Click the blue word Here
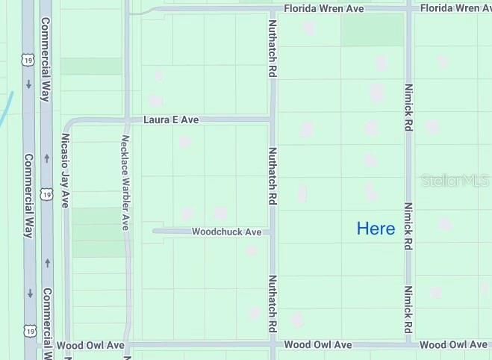click(x=376, y=229)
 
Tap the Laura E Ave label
click(x=172, y=120)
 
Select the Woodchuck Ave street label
click(x=226, y=232)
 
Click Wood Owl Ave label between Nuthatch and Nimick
click(x=318, y=345)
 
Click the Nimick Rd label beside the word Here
click(x=408, y=225)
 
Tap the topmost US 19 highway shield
click(x=28, y=58)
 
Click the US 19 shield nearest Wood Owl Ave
click(x=28, y=329)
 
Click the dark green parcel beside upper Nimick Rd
click(x=372, y=29)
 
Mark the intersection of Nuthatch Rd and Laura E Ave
click(x=273, y=120)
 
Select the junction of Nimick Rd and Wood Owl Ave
click(x=408, y=345)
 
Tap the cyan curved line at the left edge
click(x=6, y=109)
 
